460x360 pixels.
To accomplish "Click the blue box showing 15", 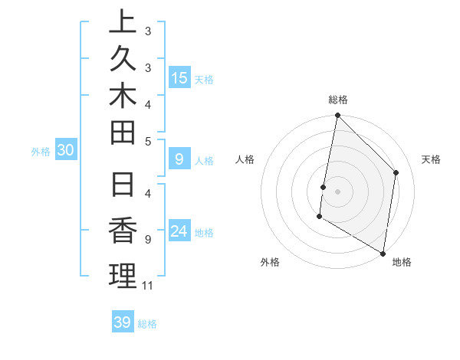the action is [x=179, y=77].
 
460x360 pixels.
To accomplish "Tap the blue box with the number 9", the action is [x=179, y=159].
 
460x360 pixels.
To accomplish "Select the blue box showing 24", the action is [x=179, y=231].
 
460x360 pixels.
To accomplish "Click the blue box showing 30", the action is [x=66, y=151].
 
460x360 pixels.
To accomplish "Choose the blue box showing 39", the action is [x=123, y=322].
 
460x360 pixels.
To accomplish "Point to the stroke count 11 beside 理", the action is [x=148, y=286].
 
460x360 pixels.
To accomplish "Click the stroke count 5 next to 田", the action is [x=148, y=141].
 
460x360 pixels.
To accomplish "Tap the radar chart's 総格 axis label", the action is [x=337, y=100].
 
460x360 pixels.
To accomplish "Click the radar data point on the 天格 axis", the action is [x=396, y=172].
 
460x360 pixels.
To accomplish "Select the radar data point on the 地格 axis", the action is [x=383, y=253].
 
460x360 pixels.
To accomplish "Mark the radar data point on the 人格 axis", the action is [x=324, y=187].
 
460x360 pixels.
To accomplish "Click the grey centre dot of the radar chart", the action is [x=337, y=191].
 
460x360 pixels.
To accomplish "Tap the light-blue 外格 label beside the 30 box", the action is [x=41, y=152].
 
